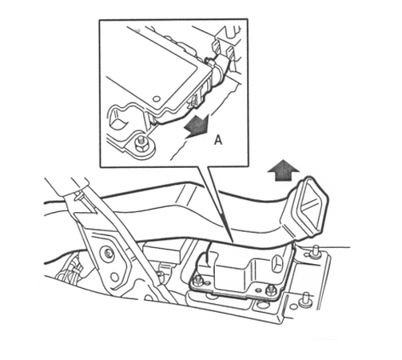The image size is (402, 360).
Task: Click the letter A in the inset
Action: (x=218, y=140)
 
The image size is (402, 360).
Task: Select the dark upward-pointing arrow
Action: (x=284, y=170)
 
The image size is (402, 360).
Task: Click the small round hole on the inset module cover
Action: (x=156, y=99)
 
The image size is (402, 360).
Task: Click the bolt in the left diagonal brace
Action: (x=108, y=252)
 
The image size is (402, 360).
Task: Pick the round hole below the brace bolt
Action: (x=115, y=278)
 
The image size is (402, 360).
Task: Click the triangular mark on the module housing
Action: (x=278, y=263)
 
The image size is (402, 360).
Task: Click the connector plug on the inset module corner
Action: (x=219, y=69)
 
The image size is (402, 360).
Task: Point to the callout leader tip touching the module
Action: (x=233, y=242)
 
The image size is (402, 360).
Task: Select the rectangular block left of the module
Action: (x=161, y=250)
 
